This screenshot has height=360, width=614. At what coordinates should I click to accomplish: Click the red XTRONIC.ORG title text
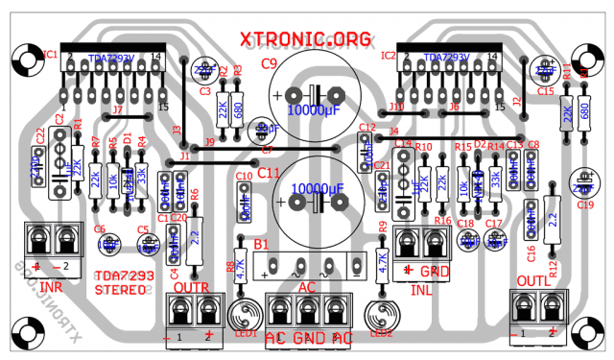pos(306,38)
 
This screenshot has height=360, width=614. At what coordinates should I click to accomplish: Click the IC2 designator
pos(390,55)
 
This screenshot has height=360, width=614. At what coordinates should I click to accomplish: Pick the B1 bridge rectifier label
pos(262,246)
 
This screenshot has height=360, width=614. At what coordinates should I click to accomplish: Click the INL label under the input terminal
pos(421,289)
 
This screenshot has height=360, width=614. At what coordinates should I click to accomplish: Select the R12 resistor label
pos(552,265)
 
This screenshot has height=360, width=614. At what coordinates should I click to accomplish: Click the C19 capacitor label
pos(585,204)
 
